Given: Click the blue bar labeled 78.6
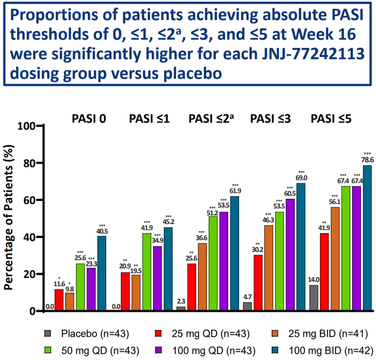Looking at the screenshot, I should click(367, 238).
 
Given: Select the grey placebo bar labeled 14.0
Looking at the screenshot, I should click(314, 298).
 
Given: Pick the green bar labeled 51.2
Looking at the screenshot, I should click(213, 263).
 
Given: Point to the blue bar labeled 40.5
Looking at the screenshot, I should click(102, 273).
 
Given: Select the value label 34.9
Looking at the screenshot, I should click(157, 240).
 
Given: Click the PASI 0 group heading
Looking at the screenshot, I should click(89, 118).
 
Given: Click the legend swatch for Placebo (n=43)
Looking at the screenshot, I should click(48, 334).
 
